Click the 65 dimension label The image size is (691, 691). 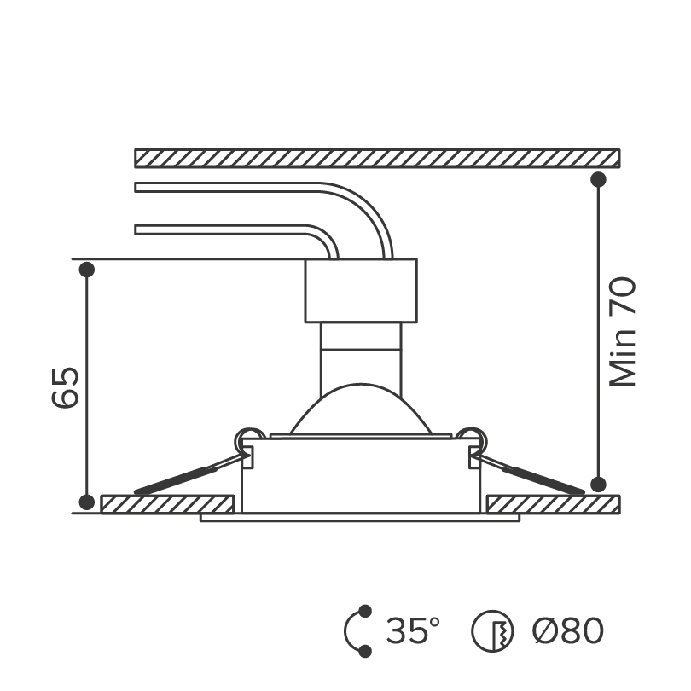click(x=65, y=387)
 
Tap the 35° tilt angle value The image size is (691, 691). click(x=413, y=630)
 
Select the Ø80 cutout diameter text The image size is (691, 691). click(x=567, y=630)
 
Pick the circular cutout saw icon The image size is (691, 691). click(x=492, y=631)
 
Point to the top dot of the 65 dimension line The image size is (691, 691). click(x=87, y=270)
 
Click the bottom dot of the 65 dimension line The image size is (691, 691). click(x=87, y=502)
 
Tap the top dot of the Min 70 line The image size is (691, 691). click(x=598, y=179)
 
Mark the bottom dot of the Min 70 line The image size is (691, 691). click(x=598, y=484)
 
